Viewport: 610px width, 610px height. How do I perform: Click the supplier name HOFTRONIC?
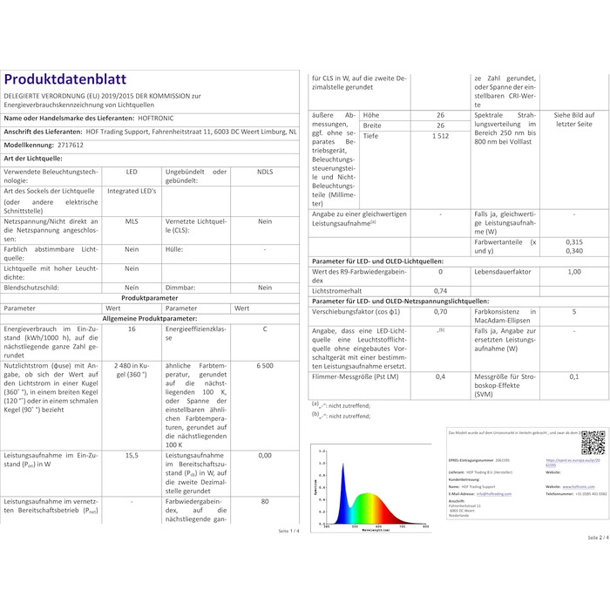tap(157, 118)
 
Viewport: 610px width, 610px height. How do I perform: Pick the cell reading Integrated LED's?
tap(132, 191)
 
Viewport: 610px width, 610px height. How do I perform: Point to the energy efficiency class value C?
tap(265, 329)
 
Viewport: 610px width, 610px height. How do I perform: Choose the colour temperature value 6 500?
tap(265, 368)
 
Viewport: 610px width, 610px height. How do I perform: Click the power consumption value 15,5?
tap(132, 455)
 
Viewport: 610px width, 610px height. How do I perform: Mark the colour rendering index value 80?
tap(265, 501)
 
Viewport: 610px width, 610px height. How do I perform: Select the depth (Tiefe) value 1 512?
tap(440, 137)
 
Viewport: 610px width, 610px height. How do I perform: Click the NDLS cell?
tap(265, 172)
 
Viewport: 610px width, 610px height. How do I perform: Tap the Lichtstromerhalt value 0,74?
tap(440, 290)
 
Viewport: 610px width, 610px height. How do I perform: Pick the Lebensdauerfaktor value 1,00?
tap(573, 272)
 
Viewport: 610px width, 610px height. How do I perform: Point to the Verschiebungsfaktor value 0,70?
tap(440, 311)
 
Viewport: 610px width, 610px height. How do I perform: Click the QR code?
tap(593, 443)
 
